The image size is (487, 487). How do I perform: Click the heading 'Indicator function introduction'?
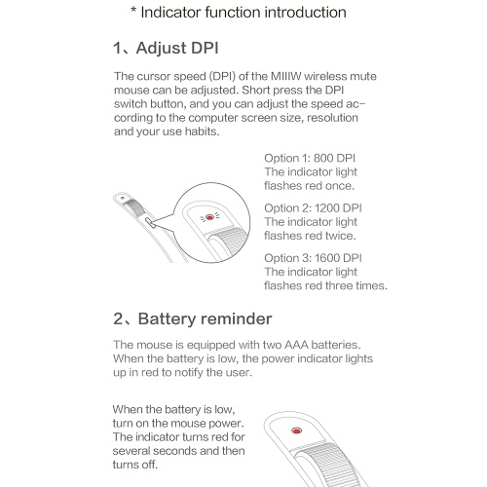243,13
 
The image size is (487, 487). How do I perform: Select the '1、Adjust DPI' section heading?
166,48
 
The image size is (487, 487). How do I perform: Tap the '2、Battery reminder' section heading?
193,318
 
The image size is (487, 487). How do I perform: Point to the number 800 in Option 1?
323,158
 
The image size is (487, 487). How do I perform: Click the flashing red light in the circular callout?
209,216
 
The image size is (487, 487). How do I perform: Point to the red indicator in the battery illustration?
296,431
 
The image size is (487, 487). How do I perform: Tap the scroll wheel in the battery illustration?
328,466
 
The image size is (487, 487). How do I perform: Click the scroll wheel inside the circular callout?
227,243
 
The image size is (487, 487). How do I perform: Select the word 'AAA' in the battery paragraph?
297,345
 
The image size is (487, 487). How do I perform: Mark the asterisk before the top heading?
133,10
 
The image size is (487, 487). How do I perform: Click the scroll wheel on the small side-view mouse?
133,207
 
